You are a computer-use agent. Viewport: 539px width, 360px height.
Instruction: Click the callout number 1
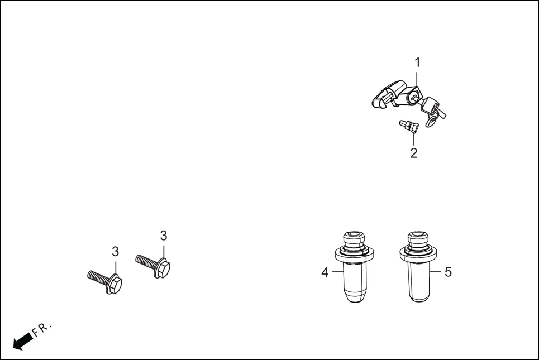(417, 62)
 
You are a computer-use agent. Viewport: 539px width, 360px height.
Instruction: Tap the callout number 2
(414, 153)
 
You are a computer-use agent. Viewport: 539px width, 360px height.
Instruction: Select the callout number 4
(325, 272)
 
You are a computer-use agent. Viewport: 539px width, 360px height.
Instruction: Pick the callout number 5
(448, 272)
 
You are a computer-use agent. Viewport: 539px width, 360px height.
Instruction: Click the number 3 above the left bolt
(115, 251)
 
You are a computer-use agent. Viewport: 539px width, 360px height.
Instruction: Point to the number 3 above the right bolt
(164, 236)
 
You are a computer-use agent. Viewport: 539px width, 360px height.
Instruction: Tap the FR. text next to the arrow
(42, 329)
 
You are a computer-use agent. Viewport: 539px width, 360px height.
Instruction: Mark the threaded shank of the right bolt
(147, 261)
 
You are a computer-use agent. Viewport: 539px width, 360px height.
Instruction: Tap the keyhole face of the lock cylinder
(413, 97)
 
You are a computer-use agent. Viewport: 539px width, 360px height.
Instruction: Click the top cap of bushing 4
(354, 238)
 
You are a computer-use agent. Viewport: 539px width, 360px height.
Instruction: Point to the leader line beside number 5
(436, 272)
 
